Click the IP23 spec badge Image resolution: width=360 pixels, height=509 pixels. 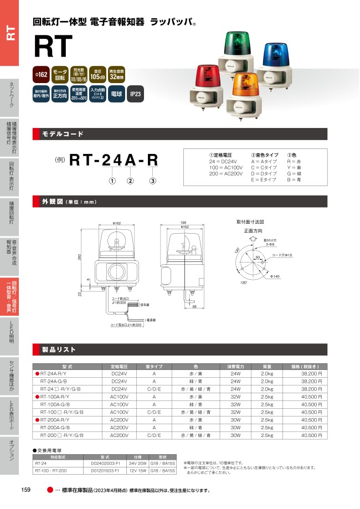pyautogui.click(x=136, y=94)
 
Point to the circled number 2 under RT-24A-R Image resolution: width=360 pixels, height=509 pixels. pyautogui.click(x=130, y=181)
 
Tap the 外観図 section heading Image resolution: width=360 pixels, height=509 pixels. pyautogui.click(x=55, y=202)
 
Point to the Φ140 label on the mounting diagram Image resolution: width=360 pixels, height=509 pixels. pyautogui.click(x=275, y=276)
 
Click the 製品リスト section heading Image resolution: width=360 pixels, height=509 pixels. pyautogui.click(x=59, y=350)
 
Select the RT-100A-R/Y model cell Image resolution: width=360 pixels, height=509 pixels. pyautogui.click(x=55, y=397)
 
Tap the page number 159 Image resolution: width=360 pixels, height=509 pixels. pyautogui.click(x=25, y=490)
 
